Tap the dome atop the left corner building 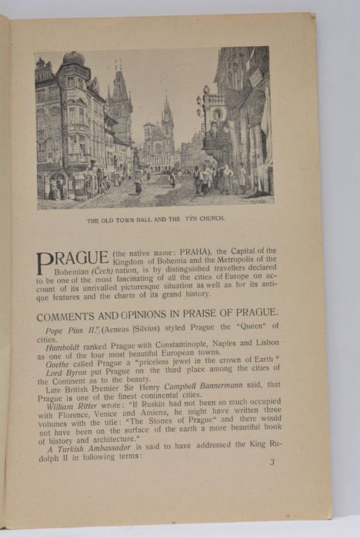pyautogui.click(x=73, y=58)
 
